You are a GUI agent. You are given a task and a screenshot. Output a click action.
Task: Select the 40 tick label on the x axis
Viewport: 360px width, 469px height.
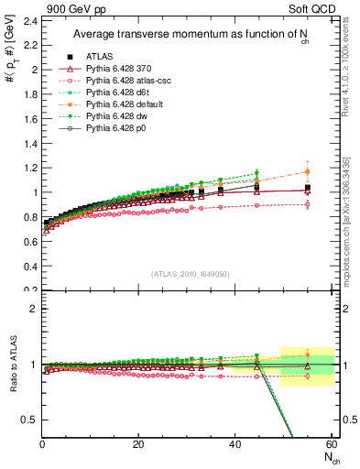(235, 444)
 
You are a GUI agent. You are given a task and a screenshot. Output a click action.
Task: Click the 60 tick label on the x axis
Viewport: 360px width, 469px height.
(330, 444)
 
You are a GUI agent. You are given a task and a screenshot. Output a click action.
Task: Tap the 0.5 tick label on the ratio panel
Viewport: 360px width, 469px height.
(29, 420)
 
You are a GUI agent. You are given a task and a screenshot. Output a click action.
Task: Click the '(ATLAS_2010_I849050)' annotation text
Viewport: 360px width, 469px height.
(188, 274)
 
